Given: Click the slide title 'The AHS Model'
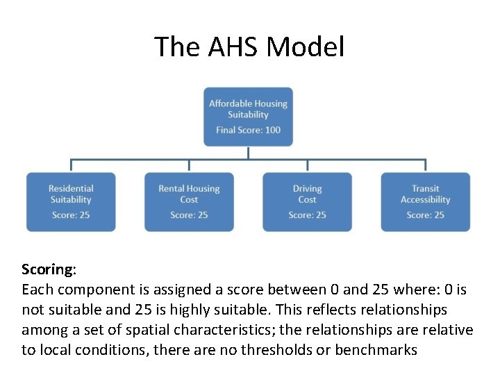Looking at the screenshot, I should [x=249, y=47].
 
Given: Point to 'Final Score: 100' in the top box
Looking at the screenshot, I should [x=248, y=130].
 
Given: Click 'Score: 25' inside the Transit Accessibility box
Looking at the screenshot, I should [x=425, y=215].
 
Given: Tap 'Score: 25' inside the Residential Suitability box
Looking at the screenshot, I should [x=71, y=215].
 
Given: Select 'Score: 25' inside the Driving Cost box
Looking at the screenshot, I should [x=307, y=215].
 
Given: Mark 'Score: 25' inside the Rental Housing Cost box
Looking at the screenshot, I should [x=189, y=215].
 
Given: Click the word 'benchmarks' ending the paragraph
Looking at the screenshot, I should [x=376, y=349].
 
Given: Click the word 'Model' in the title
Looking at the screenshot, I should [x=305, y=47].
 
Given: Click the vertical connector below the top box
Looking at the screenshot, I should [x=248, y=153].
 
